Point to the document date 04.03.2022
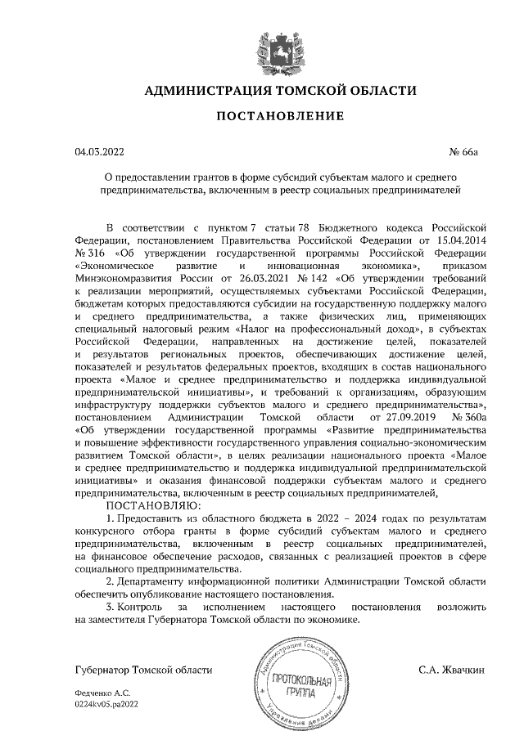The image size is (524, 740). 100,152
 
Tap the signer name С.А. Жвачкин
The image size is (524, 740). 453,670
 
